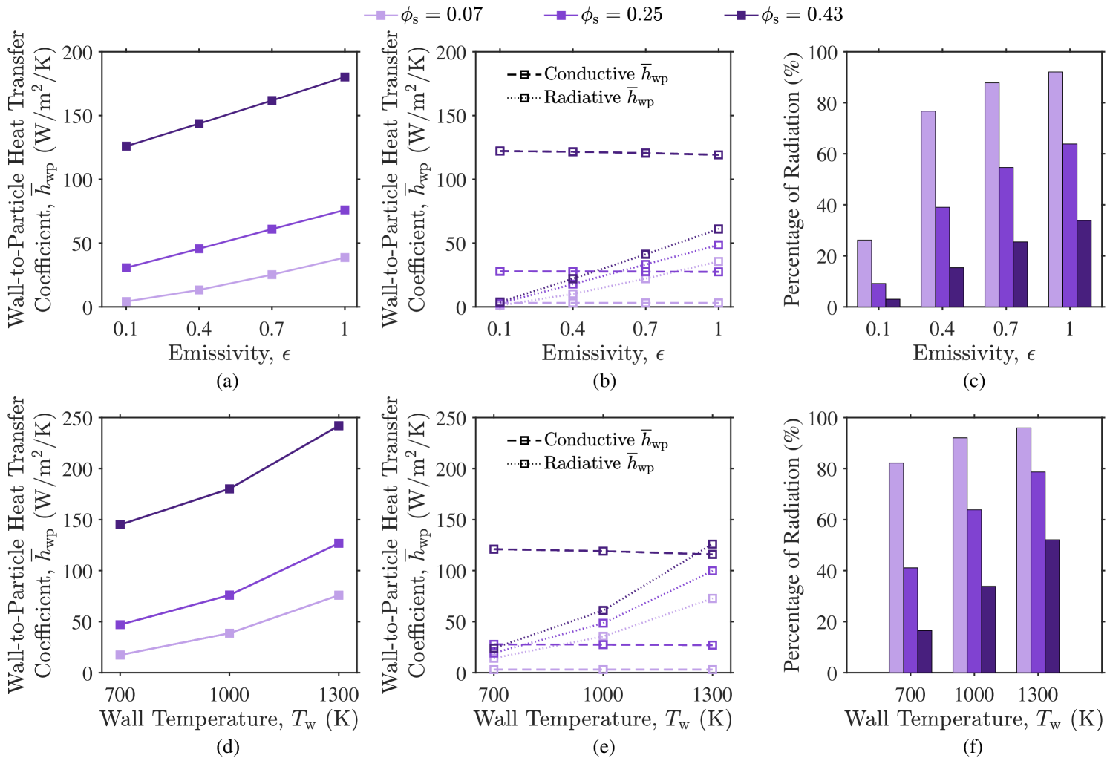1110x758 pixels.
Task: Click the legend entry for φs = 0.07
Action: tap(423, 15)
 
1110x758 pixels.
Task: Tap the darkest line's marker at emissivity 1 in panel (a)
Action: tap(345, 77)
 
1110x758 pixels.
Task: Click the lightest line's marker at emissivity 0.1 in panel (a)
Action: tap(126, 301)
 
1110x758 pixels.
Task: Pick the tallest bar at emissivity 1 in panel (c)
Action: tap(1055, 189)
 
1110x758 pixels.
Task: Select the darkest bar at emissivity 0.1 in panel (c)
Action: tap(892, 303)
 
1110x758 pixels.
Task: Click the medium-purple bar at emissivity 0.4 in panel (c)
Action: tap(942, 257)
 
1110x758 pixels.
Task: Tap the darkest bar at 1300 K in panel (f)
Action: tap(1052, 606)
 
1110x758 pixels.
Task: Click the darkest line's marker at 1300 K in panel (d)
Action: tap(339, 425)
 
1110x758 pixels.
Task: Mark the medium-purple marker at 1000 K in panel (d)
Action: tap(229, 595)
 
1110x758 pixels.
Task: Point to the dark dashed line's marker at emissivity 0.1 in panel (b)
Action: tap(500, 151)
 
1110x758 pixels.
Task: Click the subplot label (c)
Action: tap(973, 381)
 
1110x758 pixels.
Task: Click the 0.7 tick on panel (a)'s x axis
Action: tap(272, 328)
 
